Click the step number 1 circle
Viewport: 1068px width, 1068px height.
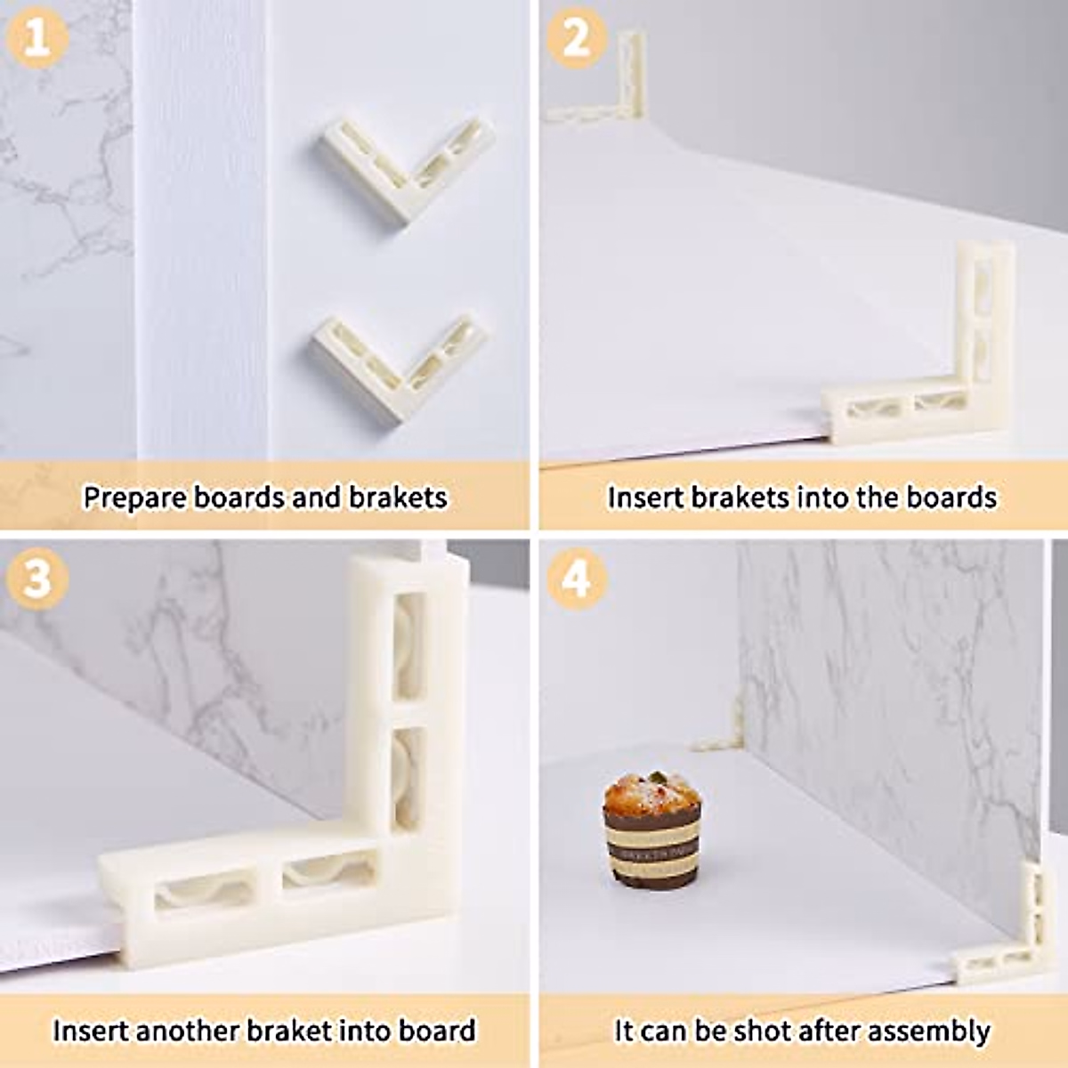coord(36,36)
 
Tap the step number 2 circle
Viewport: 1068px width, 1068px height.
coord(577,37)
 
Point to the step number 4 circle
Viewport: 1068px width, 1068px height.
coord(577,578)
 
